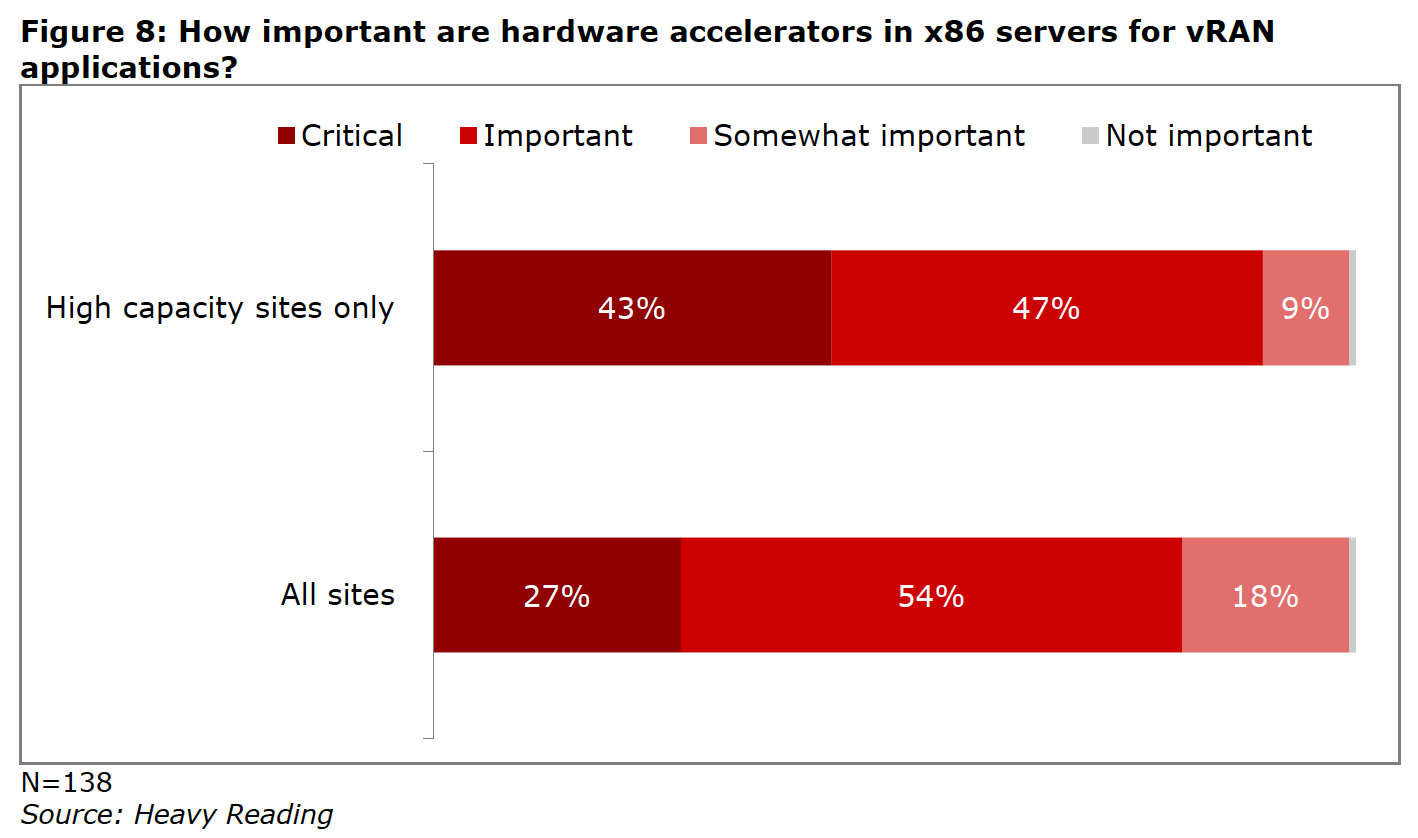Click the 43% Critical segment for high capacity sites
(631, 308)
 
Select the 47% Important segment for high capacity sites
(1046, 308)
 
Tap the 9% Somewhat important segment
(1305, 308)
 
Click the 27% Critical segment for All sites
(556, 596)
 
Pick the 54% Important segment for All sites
(930, 596)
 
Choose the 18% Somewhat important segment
(1265, 596)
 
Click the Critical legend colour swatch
(287, 136)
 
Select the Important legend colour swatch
(469, 136)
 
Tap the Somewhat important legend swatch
(699, 136)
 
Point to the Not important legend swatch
(1091, 136)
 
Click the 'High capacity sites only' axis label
(220, 308)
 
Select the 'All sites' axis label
(338, 596)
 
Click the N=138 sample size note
(66, 782)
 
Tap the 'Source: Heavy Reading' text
(177, 815)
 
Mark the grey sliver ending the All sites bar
(1352, 596)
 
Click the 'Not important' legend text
(1209, 136)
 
